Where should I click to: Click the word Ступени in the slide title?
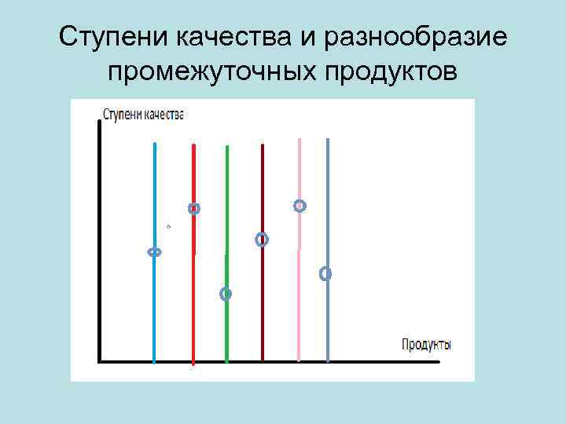(112, 37)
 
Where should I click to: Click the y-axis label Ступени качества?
(142, 115)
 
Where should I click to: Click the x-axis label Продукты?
(426, 344)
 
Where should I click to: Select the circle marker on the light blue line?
(155, 252)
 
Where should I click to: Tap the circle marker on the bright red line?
(194, 209)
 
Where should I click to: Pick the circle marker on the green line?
(226, 294)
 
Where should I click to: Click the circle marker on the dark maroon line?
(262, 239)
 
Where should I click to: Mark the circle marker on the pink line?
(300, 206)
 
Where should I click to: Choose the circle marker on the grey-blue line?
(325, 274)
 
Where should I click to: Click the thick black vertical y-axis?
(98, 236)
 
